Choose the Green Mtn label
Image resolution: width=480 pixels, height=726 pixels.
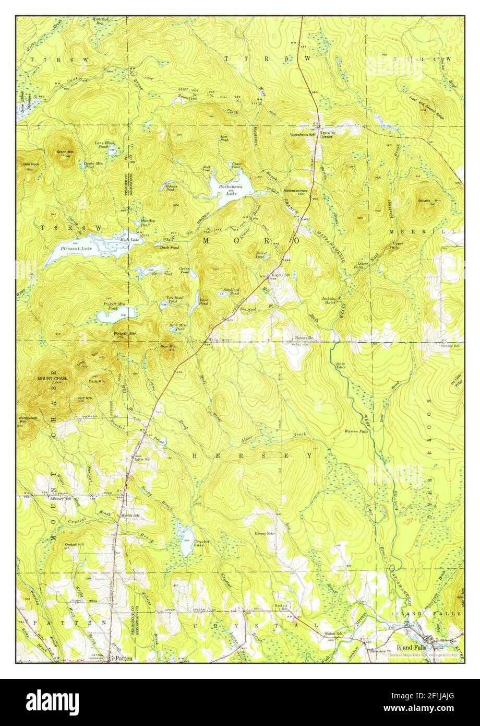[x=65, y=152]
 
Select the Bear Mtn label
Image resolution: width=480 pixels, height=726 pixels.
[x=168, y=346]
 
